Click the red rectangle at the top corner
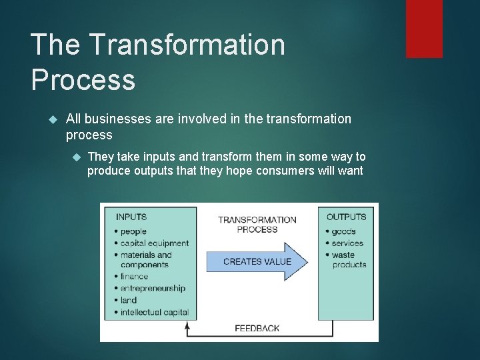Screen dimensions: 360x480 (424, 28)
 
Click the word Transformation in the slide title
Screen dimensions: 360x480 (187, 45)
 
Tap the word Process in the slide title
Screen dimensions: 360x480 (83, 79)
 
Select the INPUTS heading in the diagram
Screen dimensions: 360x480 (131, 217)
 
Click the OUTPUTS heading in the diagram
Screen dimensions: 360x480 (346, 217)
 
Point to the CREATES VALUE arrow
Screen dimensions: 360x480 (257, 261)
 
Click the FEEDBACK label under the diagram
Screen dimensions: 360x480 (257, 328)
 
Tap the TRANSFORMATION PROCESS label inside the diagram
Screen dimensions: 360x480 (257, 225)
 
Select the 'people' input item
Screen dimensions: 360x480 (133, 231)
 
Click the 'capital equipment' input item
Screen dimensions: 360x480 (155, 243)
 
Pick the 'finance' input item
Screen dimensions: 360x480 (135, 276)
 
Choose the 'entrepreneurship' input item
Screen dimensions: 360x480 (153, 288)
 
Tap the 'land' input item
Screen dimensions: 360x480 (129, 300)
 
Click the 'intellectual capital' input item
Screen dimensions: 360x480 (155, 312)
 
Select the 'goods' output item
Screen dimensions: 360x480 (344, 231)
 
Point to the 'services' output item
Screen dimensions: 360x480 (348, 243)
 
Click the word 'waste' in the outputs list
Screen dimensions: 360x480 (343, 255)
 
